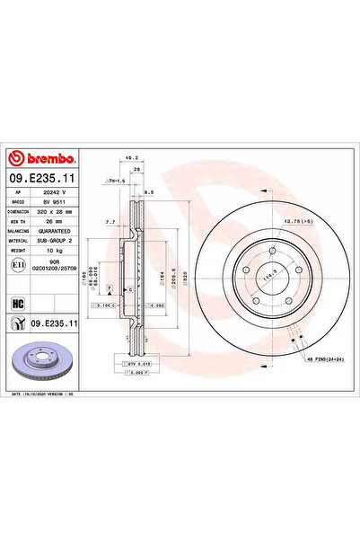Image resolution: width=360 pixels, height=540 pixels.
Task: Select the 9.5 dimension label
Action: click(149, 191)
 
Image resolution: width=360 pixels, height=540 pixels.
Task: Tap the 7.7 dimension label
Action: click(110, 221)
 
